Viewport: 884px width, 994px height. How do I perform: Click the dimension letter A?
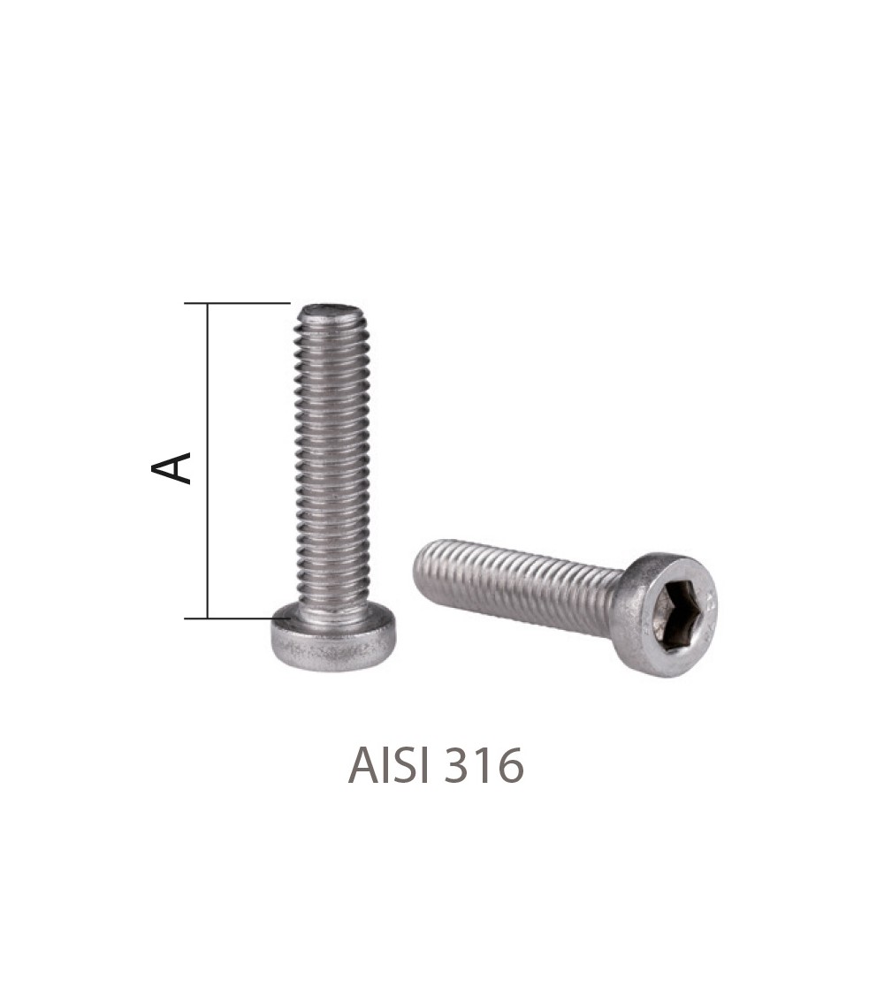pos(171,467)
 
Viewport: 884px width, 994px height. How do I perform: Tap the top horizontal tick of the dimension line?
pos(237,304)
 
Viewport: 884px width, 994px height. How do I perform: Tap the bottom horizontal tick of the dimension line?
pos(237,618)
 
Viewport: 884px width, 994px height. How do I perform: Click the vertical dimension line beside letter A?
pos(208,460)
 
